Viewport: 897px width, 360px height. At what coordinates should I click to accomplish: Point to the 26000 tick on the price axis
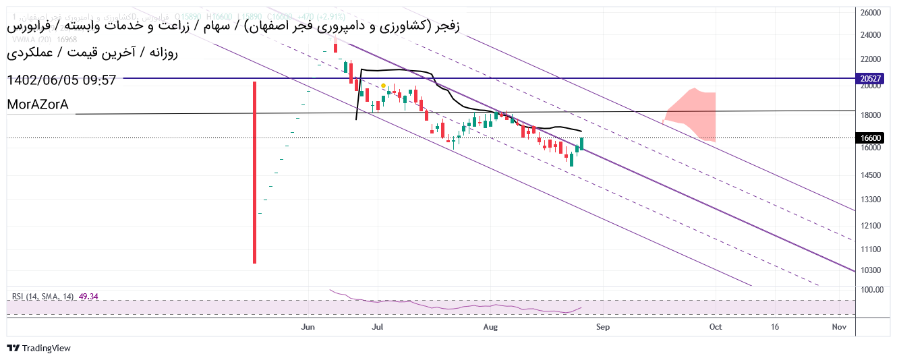(871, 13)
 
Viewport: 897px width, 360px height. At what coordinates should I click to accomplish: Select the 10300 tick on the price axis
(871, 270)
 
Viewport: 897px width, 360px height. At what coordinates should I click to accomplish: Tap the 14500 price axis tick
(871, 175)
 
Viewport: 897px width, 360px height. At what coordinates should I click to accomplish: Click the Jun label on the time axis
(308, 327)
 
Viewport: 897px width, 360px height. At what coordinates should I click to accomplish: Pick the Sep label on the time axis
(602, 327)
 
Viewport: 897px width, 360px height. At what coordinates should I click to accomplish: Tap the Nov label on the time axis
(839, 327)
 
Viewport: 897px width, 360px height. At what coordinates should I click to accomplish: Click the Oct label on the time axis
(716, 327)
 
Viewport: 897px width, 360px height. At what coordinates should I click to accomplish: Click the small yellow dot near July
(383, 86)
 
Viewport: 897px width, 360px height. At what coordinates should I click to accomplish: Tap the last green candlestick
(581, 143)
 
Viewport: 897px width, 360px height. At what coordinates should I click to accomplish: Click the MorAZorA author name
(38, 104)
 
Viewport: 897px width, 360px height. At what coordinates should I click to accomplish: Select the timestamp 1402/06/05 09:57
(61, 80)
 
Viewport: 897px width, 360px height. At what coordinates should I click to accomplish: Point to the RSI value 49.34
(88, 296)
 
